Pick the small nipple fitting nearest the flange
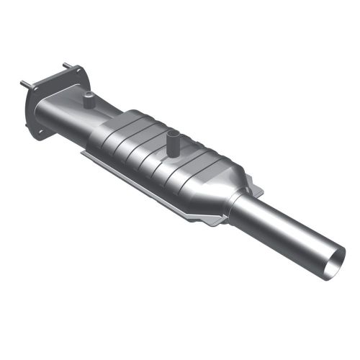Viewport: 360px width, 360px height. (88, 100)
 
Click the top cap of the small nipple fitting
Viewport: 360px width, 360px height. (88, 94)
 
